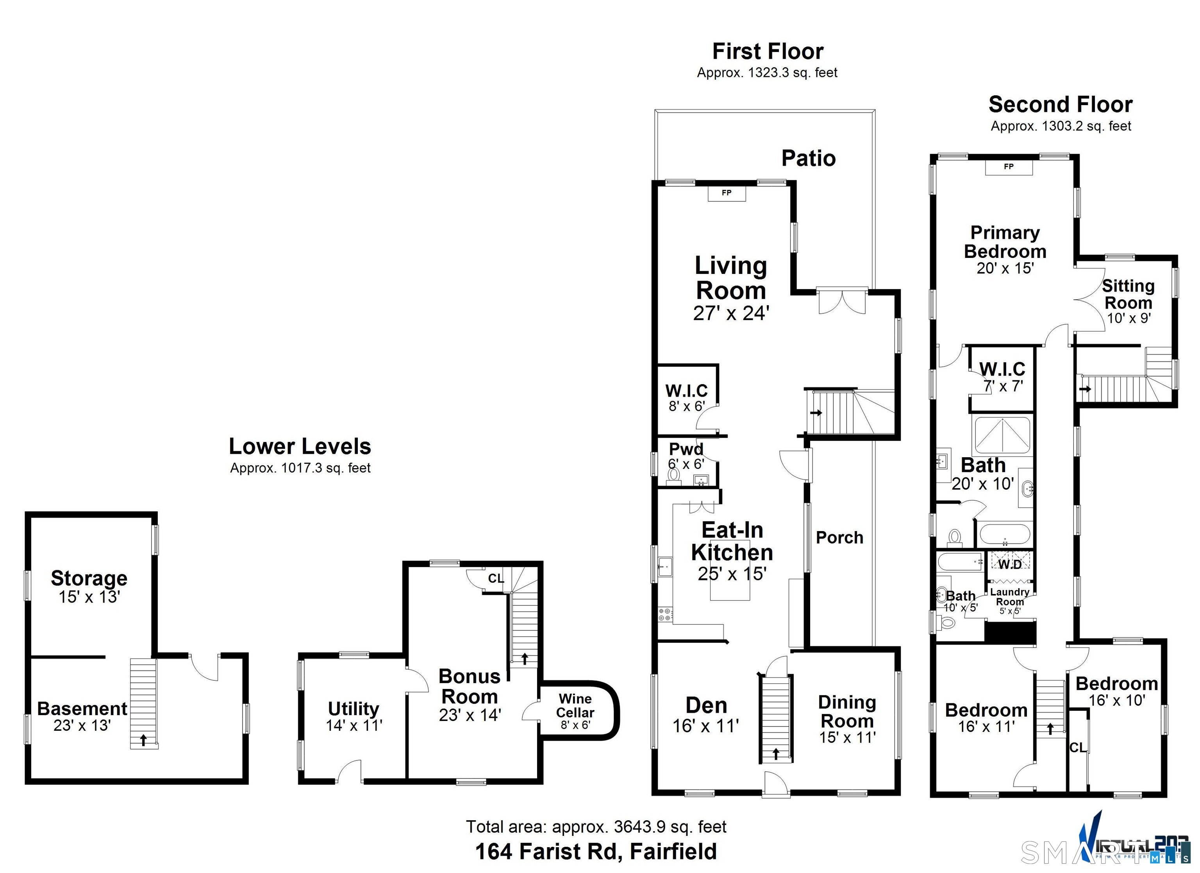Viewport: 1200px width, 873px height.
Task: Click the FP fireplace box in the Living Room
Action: pyautogui.click(x=727, y=193)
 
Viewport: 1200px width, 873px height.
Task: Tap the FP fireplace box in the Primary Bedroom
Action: pyautogui.click(x=1009, y=167)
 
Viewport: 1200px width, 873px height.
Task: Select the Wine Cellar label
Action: pyautogui.click(x=575, y=706)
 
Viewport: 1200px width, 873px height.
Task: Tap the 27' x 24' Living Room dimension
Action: pyautogui.click(x=731, y=313)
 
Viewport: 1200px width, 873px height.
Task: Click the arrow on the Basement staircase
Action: pyautogui.click(x=143, y=740)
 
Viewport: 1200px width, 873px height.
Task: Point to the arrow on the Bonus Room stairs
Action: pyautogui.click(x=524, y=658)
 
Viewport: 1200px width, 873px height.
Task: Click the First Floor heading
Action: pyautogui.click(x=767, y=51)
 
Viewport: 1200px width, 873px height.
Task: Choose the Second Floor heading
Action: pyautogui.click(x=1060, y=104)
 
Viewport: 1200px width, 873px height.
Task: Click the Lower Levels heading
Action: pyautogui.click(x=300, y=446)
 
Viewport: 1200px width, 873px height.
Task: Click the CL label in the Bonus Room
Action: pyautogui.click(x=496, y=578)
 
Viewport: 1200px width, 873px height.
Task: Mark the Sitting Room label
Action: pyautogui.click(x=1128, y=294)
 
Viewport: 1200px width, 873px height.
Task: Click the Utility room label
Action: pyautogui.click(x=354, y=708)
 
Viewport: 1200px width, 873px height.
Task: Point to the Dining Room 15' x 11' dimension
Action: pyautogui.click(x=847, y=737)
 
